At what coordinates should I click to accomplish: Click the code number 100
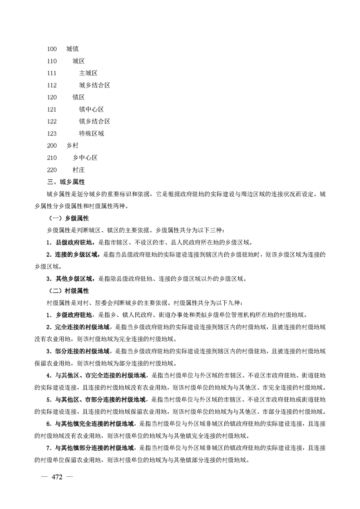click(52, 49)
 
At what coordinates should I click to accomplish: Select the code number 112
click(52, 85)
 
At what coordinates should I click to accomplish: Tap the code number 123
click(52, 133)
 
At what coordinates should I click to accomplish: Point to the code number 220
click(52, 170)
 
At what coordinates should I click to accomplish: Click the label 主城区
click(88, 73)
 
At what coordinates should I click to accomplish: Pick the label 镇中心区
click(91, 109)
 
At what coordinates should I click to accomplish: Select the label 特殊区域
click(91, 133)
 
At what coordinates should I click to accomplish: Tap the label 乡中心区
click(85, 158)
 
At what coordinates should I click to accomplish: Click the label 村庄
click(79, 170)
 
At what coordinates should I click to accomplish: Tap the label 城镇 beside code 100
click(72, 49)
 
